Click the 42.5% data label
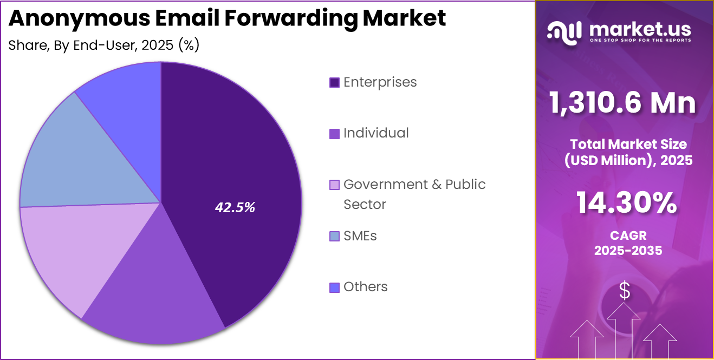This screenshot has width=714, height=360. [x=235, y=207]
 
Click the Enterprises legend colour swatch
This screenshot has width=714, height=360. [x=334, y=83]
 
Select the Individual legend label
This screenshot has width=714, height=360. [x=376, y=133]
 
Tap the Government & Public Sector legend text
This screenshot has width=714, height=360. [x=414, y=185]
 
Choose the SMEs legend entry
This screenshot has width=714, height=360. [x=360, y=236]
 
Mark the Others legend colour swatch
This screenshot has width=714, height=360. [x=334, y=287]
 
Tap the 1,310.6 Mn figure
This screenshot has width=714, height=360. [x=622, y=102]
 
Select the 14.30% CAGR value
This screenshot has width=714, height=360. [x=626, y=204]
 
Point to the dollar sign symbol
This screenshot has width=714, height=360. [x=625, y=291]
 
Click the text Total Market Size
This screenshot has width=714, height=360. [x=628, y=144]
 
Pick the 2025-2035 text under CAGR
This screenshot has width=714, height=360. [x=628, y=251]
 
